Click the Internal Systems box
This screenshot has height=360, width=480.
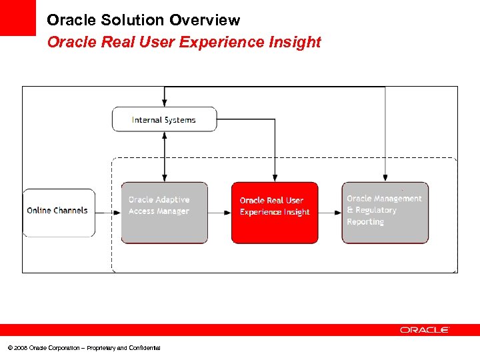click(164, 119)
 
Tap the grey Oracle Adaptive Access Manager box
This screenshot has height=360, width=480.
click(164, 213)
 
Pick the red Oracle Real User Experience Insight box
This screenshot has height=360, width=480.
click(275, 213)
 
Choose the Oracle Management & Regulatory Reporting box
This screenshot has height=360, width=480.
click(385, 213)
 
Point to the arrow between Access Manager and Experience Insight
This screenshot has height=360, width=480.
click(219, 213)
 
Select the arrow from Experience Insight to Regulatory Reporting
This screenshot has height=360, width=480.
click(330, 213)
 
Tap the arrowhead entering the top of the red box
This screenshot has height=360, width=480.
click(275, 177)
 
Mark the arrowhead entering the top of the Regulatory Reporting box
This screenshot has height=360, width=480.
click(385, 177)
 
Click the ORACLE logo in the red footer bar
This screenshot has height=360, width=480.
click(425, 330)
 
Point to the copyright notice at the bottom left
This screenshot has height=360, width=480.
click(84, 347)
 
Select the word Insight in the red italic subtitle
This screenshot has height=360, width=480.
click(298, 42)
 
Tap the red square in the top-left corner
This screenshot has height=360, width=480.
click(17, 17)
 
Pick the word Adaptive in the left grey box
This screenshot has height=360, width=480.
click(173, 199)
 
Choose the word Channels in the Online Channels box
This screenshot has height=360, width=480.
click(72, 210)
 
